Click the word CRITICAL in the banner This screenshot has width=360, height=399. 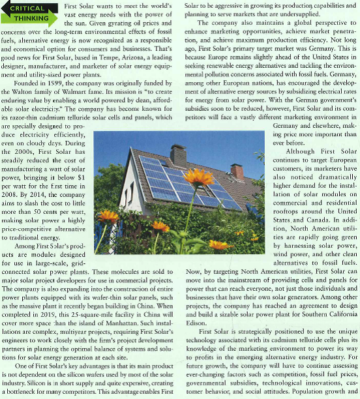tap(27, 8)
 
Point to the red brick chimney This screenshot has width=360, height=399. tap(237, 171)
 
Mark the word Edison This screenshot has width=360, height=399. tap(196, 321)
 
